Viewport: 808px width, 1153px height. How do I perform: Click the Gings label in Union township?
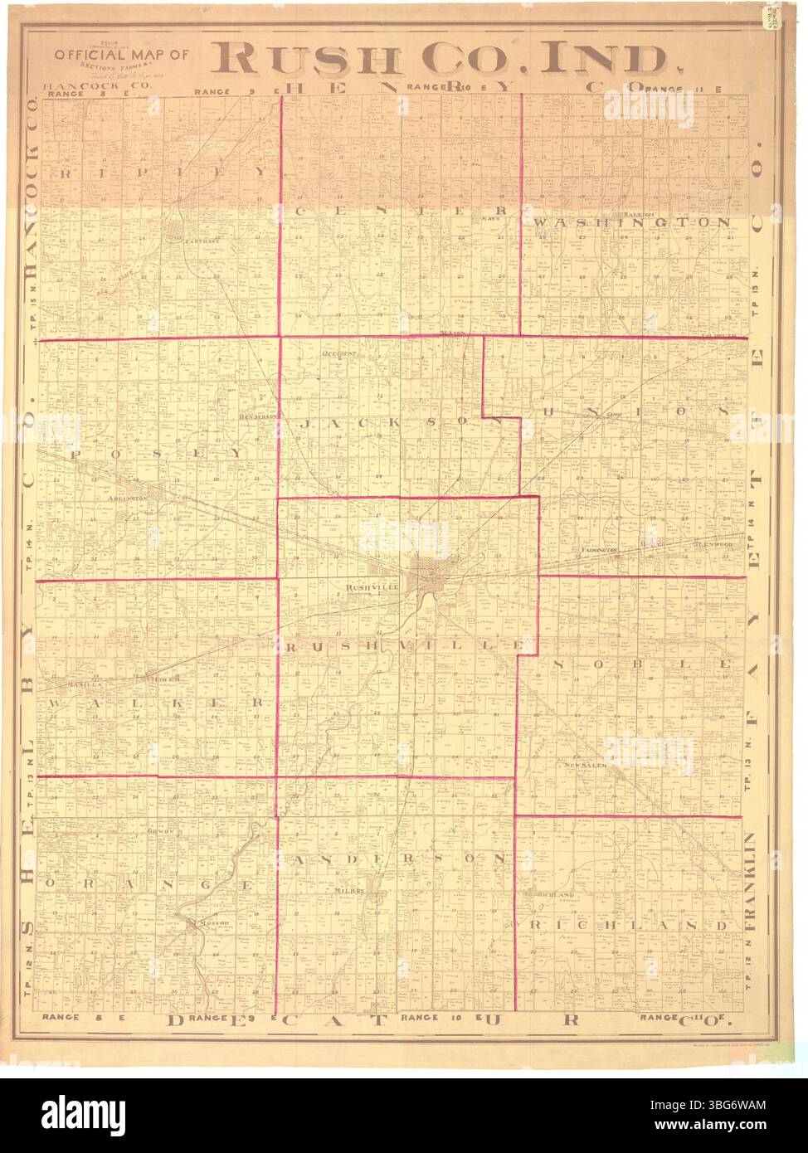point(615,414)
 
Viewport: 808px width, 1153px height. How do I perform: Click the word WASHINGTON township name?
point(632,222)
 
